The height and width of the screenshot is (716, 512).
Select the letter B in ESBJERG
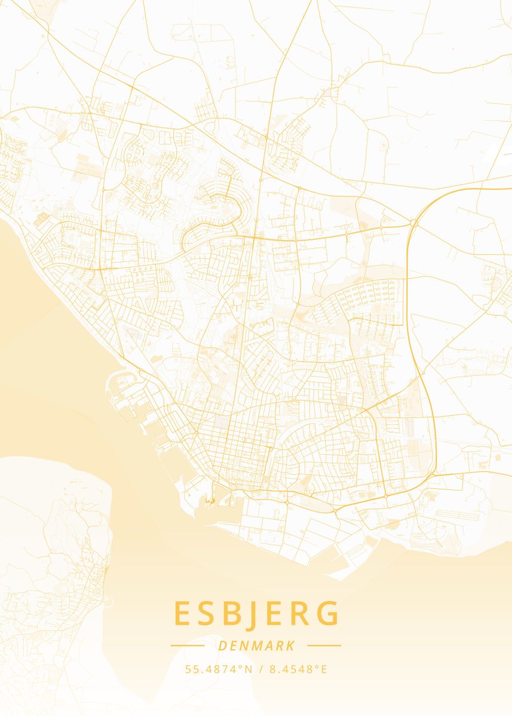pos(235,613)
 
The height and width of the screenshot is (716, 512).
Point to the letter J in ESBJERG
pos(257,615)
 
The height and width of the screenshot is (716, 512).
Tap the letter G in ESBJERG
pos(330,613)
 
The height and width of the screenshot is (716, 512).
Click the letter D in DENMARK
pos(223,646)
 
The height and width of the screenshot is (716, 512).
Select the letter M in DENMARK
pos(257,646)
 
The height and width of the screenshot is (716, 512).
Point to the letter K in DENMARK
pos(290,646)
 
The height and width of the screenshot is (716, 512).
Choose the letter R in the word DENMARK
pos(280,646)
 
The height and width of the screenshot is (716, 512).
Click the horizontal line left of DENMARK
pos(188,646)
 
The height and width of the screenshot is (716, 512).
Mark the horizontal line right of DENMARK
pos(324,646)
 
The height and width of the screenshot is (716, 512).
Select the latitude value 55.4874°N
pos(218,669)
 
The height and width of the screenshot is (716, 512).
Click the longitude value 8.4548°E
pos(298,669)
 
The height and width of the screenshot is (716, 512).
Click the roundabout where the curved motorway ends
pos(413,223)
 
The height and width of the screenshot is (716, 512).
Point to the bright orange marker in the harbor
pos(210,501)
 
